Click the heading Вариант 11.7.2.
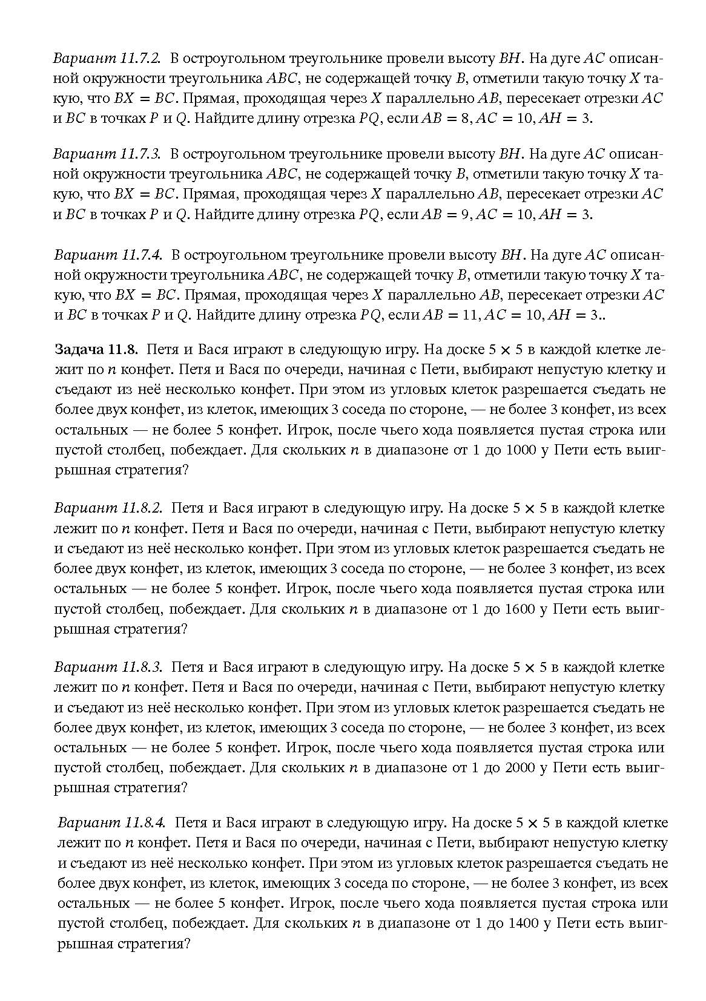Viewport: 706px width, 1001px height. point(107,59)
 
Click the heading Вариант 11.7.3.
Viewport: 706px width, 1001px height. point(107,154)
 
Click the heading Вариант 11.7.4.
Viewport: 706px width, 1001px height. point(108,255)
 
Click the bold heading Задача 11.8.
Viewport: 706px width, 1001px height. point(97,350)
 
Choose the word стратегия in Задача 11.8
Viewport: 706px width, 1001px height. point(147,470)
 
